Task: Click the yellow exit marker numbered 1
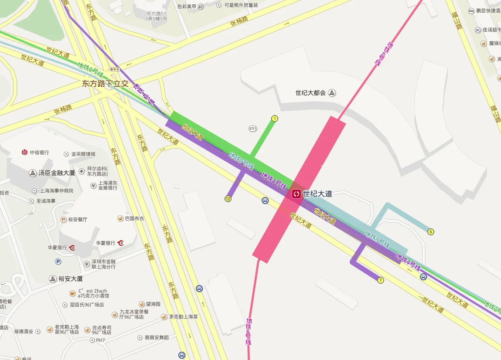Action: [x=275, y=118]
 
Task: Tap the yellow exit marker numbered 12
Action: [x=228, y=199]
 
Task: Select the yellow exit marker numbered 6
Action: [x=431, y=231]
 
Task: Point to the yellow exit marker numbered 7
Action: [x=381, y=280]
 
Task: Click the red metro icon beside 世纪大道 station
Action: [x=297, y=194]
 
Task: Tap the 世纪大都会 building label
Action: [x=310, y=93]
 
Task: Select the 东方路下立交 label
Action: [x=105, y=84]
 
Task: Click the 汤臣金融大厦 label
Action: [x=57, y=173]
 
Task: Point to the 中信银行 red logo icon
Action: [x=25, y=152]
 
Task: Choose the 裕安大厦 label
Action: [x=70, y=278]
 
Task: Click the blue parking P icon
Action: [x=58, y=262]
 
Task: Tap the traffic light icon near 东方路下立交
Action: [x=115, y=69]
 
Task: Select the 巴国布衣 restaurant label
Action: [x=134, y=218]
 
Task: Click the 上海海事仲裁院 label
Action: [x=57, y=190]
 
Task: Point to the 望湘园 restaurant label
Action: [x=153, y=304]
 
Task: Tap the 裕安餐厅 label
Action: [x=77, y=219]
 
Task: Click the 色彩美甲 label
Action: [x=187, y=6]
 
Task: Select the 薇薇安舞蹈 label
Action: [x=157, y=337]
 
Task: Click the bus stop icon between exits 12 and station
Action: [x=265, y=200]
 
